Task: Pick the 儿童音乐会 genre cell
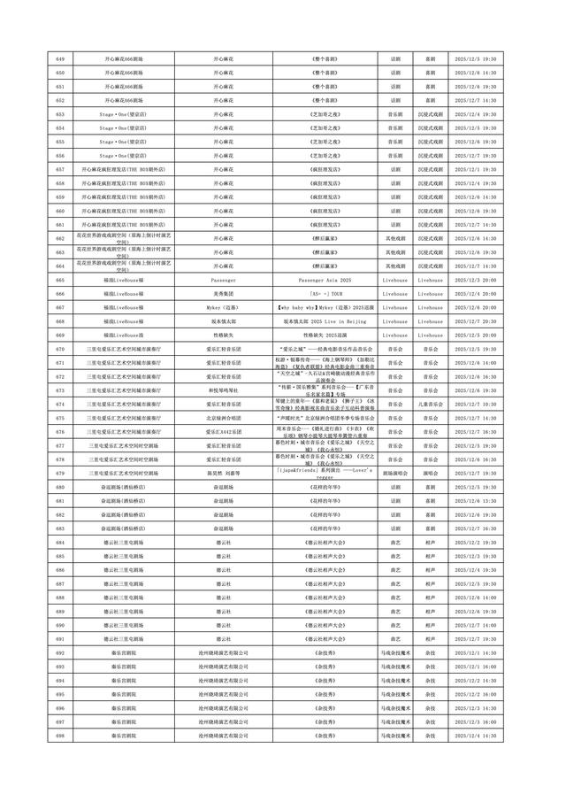coord(430,404)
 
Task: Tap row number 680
coord(59,486)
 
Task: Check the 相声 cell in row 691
coord(430,638)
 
